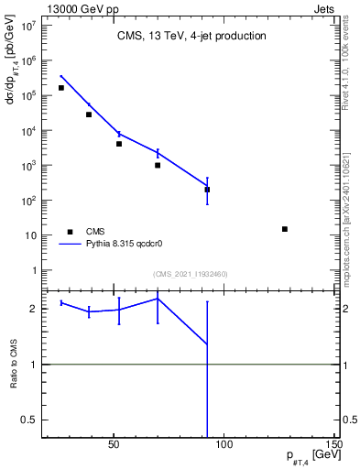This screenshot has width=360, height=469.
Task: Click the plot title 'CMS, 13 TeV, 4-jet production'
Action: (191, 37)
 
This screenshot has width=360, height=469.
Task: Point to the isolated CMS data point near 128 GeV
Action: (285, 229)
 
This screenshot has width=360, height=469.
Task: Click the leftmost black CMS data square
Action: (61, 88)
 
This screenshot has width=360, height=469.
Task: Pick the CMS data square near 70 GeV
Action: (158, 166)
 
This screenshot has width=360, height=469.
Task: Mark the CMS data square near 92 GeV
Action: (207, 190)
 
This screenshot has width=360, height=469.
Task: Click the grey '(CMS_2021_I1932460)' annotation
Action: (191, 274)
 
